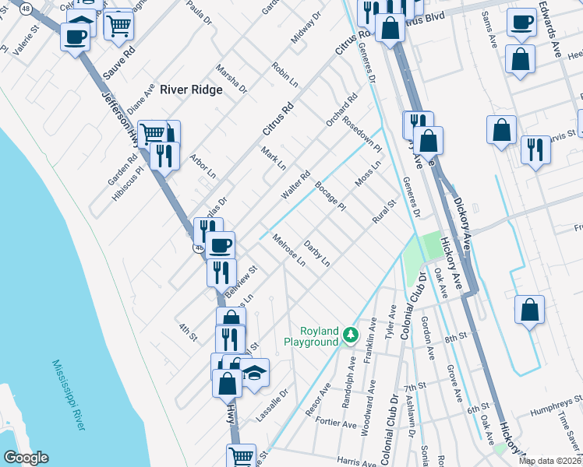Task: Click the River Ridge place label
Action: coord(191,90)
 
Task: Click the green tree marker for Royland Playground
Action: coord(351,335)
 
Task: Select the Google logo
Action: coord(26,458)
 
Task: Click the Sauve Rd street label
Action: coord(118,65)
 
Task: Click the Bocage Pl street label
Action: coord(330,195)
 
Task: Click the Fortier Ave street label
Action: coord(337,420)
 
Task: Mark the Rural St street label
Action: coord(384,211)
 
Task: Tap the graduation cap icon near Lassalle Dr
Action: coord(254,373)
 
